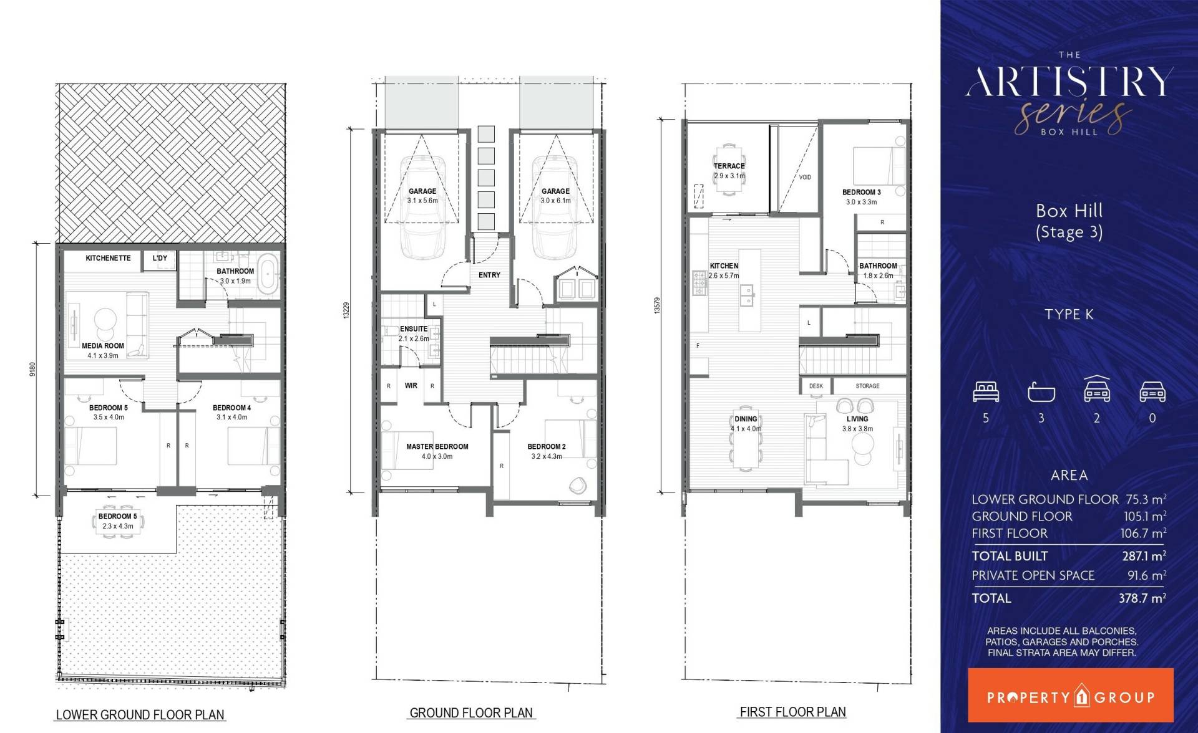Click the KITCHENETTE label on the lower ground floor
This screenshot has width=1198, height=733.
coord(108,258)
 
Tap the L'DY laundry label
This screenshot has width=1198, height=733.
coord(160,258)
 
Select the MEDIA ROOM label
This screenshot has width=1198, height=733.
coord(103,346)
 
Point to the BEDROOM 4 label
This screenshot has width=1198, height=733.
coord(232,408)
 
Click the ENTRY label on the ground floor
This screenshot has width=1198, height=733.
coord(489,275)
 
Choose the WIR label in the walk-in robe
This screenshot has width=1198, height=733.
coord(411,386)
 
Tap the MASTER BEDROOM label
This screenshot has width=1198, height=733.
coord(437,446)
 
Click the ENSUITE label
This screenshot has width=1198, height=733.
coord(414,329)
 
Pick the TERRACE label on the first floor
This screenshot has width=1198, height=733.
coord(729,166)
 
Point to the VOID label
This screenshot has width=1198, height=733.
coord(805,177)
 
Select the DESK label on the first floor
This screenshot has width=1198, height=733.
coord(816,386)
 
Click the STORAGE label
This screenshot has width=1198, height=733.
coord(868,386)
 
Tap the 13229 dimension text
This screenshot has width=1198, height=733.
coord(346,310)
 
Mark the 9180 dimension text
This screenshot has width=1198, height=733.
coord(33,368)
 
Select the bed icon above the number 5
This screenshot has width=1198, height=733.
coord(986,391)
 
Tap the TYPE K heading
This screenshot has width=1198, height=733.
coord(1069,314)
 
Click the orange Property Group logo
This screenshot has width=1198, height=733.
coord(1070,695)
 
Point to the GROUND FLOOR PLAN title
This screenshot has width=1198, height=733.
coord(471,712)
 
